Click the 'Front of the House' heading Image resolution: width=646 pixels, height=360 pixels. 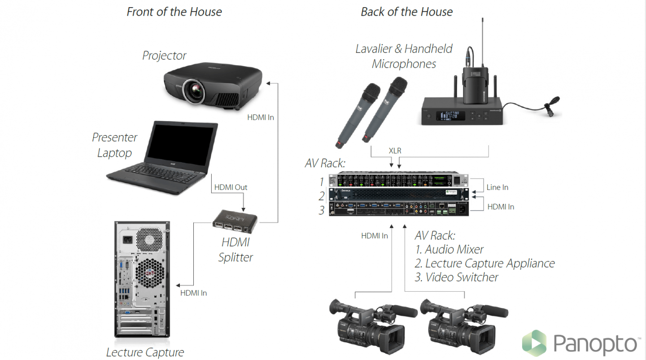tap(174, 12)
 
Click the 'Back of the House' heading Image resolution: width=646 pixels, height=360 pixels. tap(406, 12)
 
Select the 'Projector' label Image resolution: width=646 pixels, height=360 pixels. tap(164, 56)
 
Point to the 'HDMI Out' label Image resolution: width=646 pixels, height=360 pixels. tap(231, 187)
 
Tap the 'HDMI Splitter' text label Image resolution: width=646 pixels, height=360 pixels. tap(236, 250)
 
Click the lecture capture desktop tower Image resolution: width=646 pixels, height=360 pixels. tap(142, 278)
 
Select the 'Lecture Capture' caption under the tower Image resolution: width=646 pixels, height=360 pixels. tap(145, 352)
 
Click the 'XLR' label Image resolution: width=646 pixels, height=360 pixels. tap(395, 151)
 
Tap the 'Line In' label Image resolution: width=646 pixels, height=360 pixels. tap(497, 187)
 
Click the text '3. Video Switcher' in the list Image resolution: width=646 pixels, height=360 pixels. tap(456, 277)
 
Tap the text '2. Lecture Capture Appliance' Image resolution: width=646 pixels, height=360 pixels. tap(484, 263)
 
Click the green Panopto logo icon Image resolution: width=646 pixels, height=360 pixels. tap(534, 343)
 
